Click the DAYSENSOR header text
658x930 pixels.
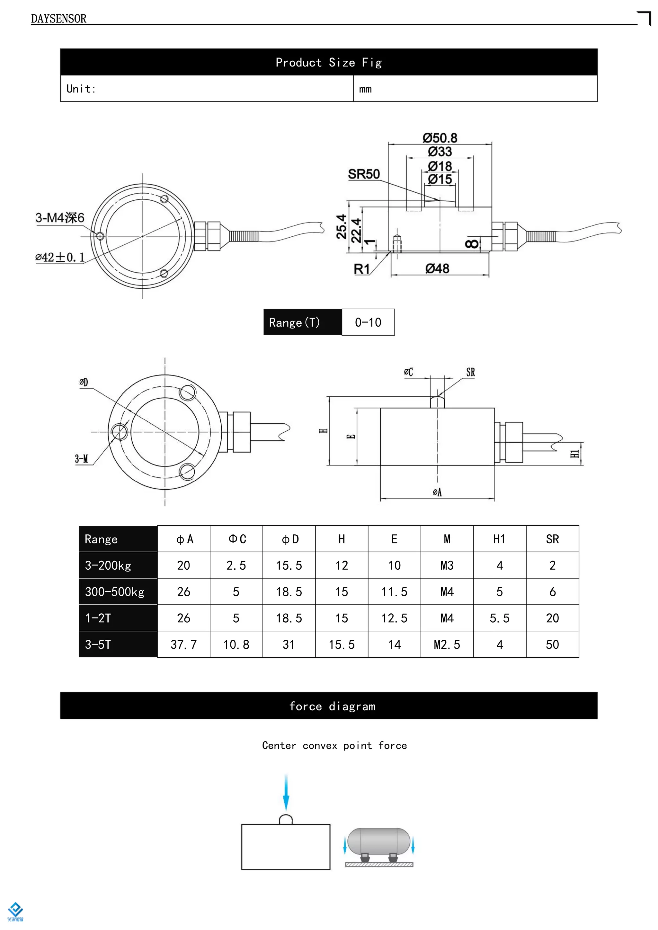pos(59,19)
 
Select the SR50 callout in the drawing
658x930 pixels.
pos(364,174)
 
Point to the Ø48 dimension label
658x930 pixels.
pos(437,268)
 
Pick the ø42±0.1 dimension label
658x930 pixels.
pos(60,257)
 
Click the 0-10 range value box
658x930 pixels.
pos(368,322)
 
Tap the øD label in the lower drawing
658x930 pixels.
pos(84,382)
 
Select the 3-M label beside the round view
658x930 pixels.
pos(81,459)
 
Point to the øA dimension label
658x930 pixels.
pos(437,492)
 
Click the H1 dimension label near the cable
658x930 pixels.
pos(574,454)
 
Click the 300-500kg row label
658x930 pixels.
pos(115,592)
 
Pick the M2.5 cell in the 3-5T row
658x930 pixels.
pos(447,645)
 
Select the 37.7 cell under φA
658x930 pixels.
pos(183,645)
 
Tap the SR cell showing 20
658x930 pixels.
pos(552,618)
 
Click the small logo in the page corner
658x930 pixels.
pos(15,911)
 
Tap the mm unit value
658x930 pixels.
pos(365,89)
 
